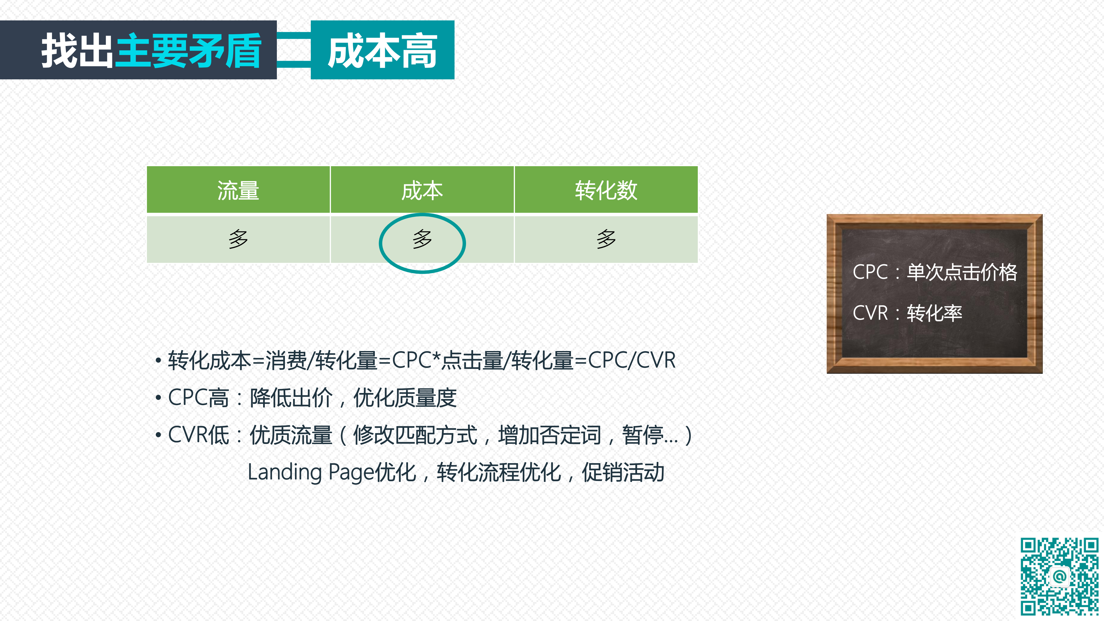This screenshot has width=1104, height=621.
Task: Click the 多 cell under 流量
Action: pos(238,239)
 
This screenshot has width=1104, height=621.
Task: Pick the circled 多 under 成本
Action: pos(422,239)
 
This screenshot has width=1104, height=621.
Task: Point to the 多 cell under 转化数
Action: pos(606,239)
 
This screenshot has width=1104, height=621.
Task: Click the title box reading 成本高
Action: pos(382,50)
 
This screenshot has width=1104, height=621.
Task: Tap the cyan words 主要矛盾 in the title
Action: pos(188,51)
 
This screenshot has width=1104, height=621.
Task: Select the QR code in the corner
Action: pos(1059,576)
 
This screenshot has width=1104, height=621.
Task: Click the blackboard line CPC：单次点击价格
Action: pos(935,272)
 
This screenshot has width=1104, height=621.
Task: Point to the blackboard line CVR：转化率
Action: pos(907,313)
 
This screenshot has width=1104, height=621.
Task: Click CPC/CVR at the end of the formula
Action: pos(632,360)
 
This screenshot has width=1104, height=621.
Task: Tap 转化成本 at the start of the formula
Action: pos(209,360)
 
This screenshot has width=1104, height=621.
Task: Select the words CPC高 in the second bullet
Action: pos(198,398)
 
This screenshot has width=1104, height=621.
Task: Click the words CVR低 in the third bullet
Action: pos(198,435)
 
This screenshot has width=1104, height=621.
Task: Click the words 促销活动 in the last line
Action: pos(623,472)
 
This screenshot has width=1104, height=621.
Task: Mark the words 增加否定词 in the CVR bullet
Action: pos(549,435)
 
